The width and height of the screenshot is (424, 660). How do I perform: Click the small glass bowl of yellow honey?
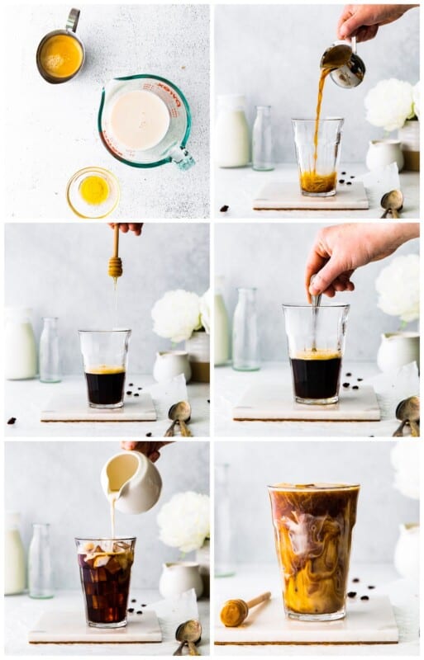tap(93, 191)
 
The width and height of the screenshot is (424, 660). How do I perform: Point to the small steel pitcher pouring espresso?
tap(343, 64)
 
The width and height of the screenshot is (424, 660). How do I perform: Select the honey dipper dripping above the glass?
tap(115, 262)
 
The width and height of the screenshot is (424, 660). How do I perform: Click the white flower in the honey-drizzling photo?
tap(176, 315)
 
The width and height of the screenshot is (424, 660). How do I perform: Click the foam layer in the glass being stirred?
tap(316, 355)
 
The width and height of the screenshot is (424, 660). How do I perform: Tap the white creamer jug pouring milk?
tap(134, 483)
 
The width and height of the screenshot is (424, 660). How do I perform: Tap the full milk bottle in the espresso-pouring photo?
tap(232, 133)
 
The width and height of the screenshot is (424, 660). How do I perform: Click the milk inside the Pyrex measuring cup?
tap(140, 120)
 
